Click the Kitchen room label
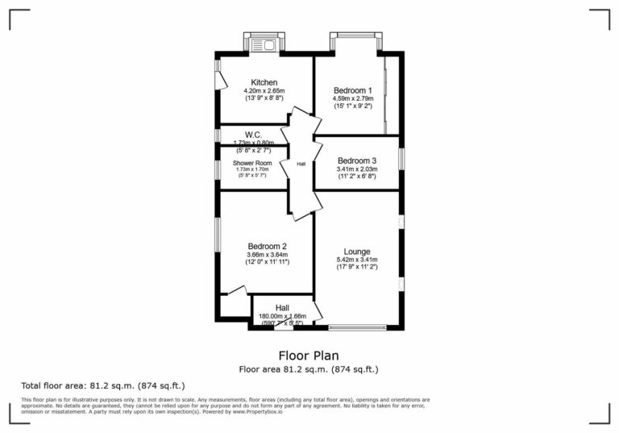tap(264, 82)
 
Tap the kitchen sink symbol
tap(264, 44)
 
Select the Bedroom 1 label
tap(353, 90)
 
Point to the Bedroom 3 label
tap(357, 160)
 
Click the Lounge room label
tap(356, 252)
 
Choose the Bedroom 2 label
tap(268, 247)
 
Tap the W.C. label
tap(253, 135)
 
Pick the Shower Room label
tap(252, 163)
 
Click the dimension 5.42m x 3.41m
tap(356, 260)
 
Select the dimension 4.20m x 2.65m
tap(264, 91)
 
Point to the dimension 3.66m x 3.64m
tap(268, 255)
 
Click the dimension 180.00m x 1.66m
tap(282, 316)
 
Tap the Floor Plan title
tap(309, 355)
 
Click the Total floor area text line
tap(102, 385)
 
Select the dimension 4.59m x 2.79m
tap(353, 98)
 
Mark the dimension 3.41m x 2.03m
tap(357, 169)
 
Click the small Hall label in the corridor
tap(301, 164)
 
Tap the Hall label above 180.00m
tap(282, 307)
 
